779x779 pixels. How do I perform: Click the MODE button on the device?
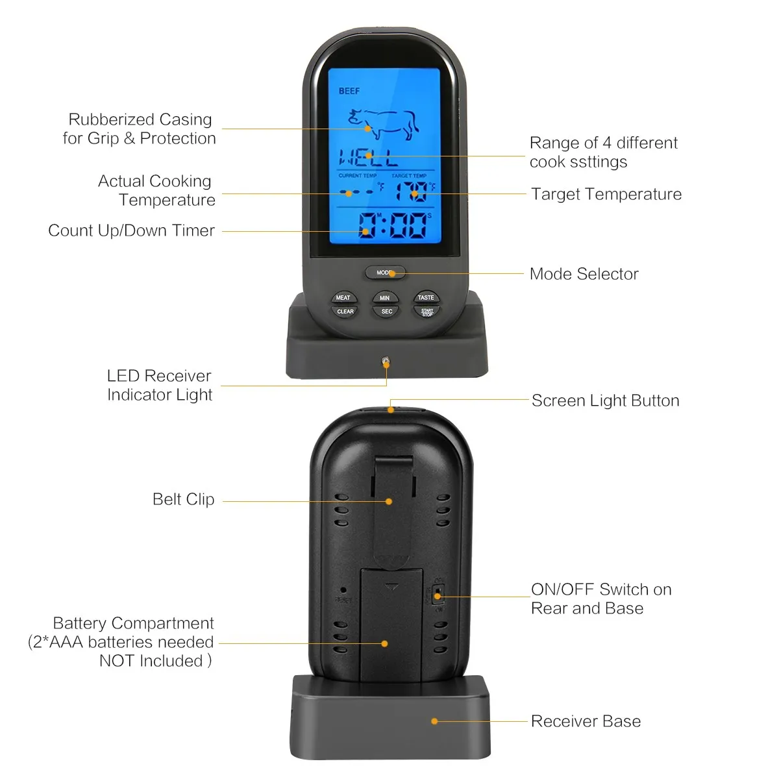385,273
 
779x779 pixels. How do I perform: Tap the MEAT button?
343,297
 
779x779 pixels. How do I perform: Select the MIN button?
385,297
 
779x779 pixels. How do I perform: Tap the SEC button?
386,312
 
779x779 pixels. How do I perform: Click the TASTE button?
426,297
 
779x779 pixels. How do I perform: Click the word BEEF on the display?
349,91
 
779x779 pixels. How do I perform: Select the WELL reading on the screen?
368,157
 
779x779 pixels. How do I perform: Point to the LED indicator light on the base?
386,361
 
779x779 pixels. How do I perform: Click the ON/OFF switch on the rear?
438,595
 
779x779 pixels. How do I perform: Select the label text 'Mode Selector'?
584,274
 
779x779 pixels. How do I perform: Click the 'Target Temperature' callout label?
606,194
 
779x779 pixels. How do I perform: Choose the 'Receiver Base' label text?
586,721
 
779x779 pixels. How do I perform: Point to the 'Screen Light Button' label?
605,401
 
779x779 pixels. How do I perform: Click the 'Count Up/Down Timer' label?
131,230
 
